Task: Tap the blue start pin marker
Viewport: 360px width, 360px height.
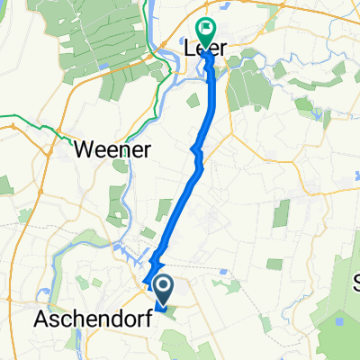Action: coord(164,290)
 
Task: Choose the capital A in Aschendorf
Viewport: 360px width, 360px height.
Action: coord(41,319)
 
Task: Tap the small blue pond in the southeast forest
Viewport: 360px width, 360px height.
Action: coord(339,319)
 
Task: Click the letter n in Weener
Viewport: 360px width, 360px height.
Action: coord(120,148)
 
